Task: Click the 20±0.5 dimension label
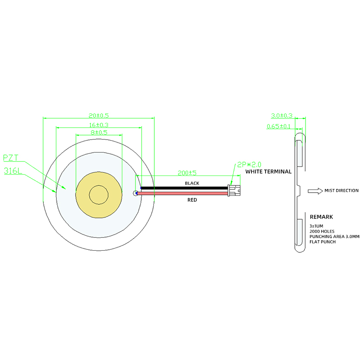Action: pos(99,116)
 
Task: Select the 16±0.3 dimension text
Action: pos(99,125)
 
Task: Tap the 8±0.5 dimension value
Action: pos(99,133)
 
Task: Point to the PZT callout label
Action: pos(10,158)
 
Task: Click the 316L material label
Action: pos(13,171)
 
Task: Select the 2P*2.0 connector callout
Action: pos(249,164)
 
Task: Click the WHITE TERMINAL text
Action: pos(268,171)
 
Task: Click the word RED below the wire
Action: pos(192,200)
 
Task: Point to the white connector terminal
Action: pos(234,190)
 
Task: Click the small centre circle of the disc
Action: pos(99,194)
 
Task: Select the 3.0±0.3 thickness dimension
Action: pos(282,116)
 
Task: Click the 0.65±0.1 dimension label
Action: pos(279,126)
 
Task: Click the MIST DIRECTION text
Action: pos(342,191)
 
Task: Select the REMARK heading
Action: pos(321,217)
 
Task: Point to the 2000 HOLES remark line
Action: pos(322,231)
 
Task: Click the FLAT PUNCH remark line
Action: pos(323,242)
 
